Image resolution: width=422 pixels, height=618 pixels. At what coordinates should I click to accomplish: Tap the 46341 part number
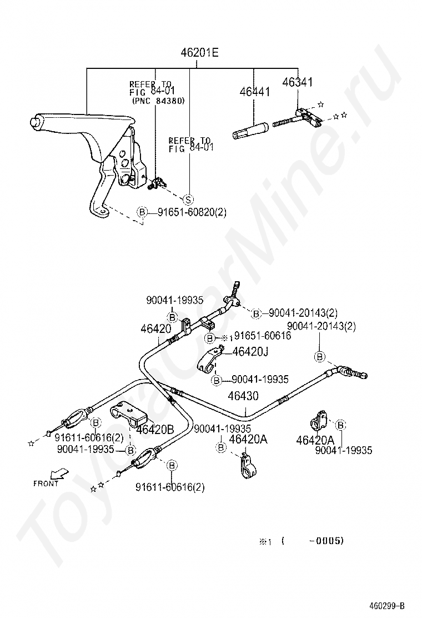click(298, 82)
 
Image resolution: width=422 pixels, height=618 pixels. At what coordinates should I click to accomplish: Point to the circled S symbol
click(188, 200)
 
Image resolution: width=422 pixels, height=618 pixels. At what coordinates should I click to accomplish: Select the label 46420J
click(250, 351)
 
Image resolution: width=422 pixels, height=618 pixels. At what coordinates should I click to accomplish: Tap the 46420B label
click(155, 429)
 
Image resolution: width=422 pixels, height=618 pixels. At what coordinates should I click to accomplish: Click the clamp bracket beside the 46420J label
click(210, 360)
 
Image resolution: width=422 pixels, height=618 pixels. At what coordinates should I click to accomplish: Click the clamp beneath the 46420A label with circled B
click(244, 466)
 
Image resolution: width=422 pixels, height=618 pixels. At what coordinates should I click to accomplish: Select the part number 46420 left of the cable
click(155, 328)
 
